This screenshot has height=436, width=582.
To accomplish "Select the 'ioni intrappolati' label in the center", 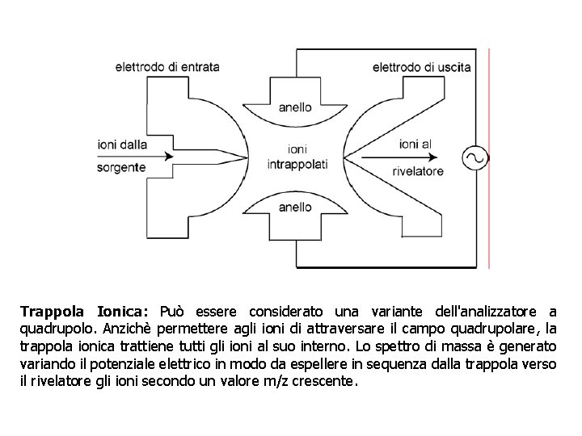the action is [297, 156].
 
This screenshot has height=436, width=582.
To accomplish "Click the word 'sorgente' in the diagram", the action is [121, 168].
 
